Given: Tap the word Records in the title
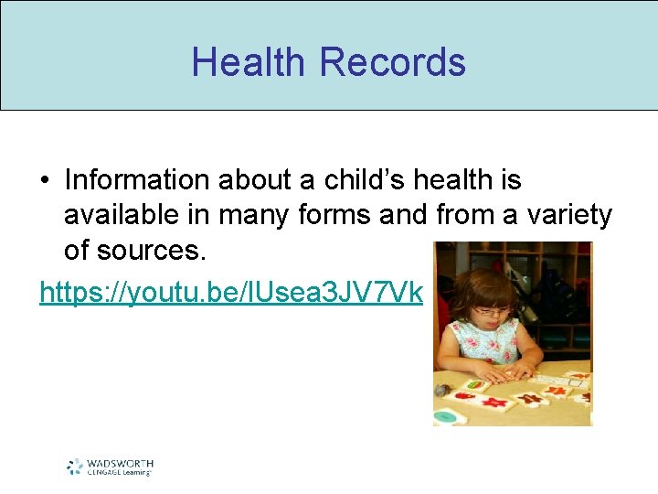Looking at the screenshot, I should click(x=393, y=62).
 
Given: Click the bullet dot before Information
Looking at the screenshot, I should click(x=45, y=181).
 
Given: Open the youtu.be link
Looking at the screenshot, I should click(x=231, y=292).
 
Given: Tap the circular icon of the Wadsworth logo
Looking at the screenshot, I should click(x=75, y=467).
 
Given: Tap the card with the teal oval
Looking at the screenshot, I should click(x=449, y=417).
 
